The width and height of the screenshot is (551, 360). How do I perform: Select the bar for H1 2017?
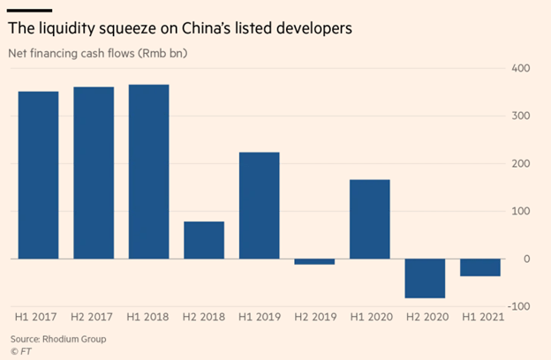coord(38,175)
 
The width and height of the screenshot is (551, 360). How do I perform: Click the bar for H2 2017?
coord(94,173)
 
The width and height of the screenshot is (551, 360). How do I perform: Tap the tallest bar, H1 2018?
coord(148,171)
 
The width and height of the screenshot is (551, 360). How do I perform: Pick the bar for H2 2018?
coord(204,240)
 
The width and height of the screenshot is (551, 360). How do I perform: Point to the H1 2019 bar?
coord(260,206)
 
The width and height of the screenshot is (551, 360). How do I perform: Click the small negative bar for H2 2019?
coord(314,261)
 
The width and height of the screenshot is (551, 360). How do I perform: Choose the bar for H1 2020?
coord(370,219)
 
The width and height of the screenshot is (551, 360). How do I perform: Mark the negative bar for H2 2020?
coord(426,278)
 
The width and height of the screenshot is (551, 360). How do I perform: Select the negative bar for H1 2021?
coord(480,267)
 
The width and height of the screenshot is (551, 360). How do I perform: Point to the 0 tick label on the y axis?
coord(525,259)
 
